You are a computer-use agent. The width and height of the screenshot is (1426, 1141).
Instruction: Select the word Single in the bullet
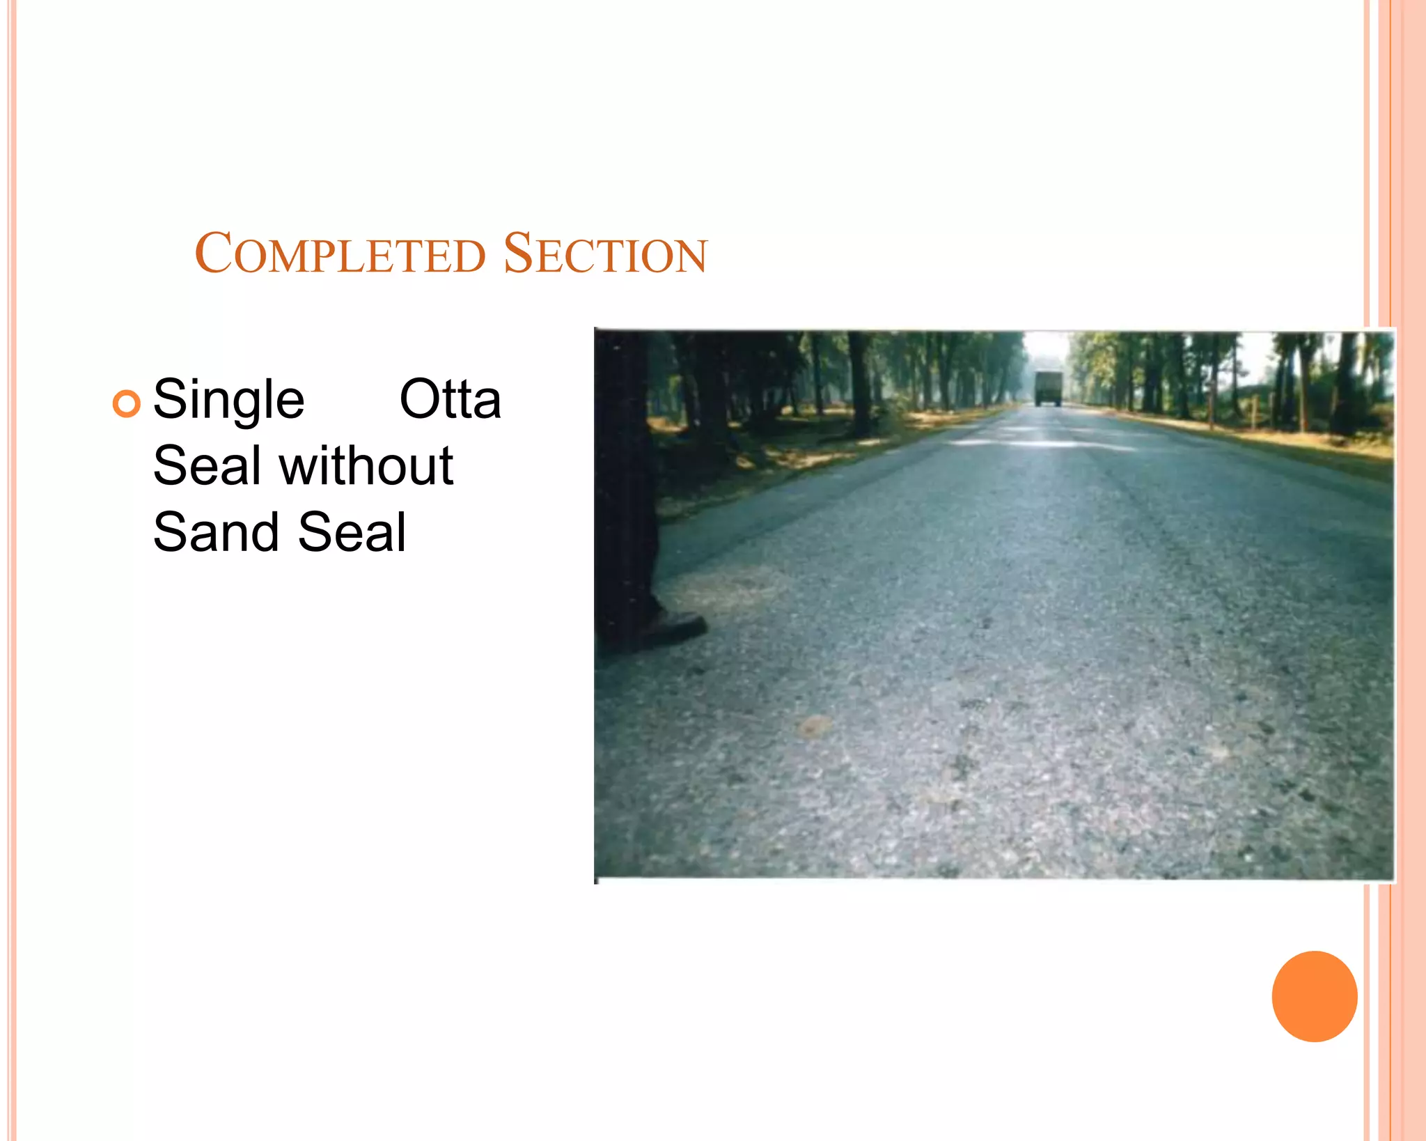(x=228, y=401)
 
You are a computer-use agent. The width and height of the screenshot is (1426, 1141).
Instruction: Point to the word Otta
(x=450, y=399)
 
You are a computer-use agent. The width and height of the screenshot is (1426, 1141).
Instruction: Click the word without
(x=366, y=465)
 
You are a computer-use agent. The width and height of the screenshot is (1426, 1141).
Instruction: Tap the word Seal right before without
(x=207, y=465)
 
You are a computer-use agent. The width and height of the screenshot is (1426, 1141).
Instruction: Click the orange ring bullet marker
(x=126, y=403)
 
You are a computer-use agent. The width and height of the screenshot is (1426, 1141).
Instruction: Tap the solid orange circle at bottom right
(x=1314, y=996)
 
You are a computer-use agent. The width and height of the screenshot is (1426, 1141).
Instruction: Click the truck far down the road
(x=1047, y=388)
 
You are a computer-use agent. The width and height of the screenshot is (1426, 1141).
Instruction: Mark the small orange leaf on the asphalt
(x=813, y=726)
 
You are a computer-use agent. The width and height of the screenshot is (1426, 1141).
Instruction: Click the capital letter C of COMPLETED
(x=212, y=253)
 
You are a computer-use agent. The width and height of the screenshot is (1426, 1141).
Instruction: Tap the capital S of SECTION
(x=517, y=253)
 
